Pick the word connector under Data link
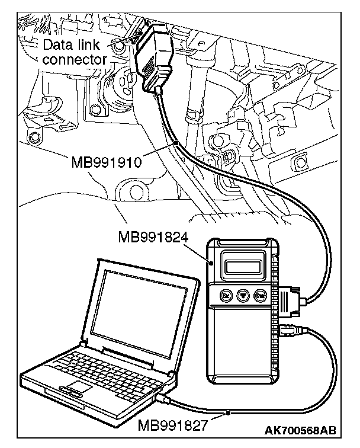pos(75,59)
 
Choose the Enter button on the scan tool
pos(260,295)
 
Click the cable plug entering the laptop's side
pos(165,400)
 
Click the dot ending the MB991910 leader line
pos(176,143)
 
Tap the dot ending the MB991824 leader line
pos(211,259)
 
